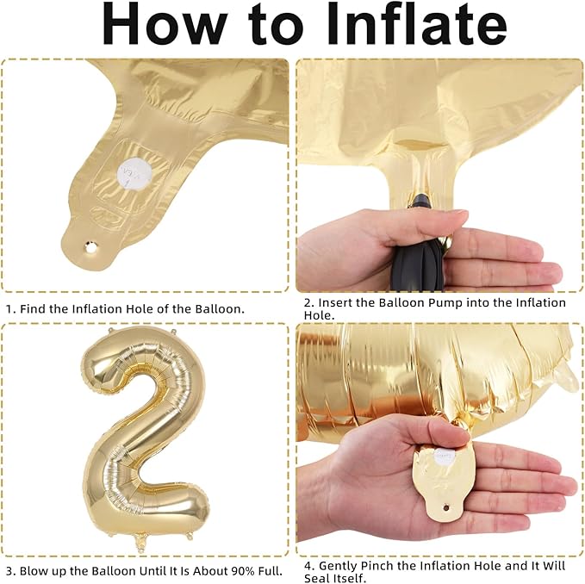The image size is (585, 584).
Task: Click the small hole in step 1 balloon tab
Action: click(x=90, y=246)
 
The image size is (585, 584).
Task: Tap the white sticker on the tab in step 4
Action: click(x=445, y=457)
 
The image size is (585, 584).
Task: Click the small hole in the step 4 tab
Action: click(x=445, y=507)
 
